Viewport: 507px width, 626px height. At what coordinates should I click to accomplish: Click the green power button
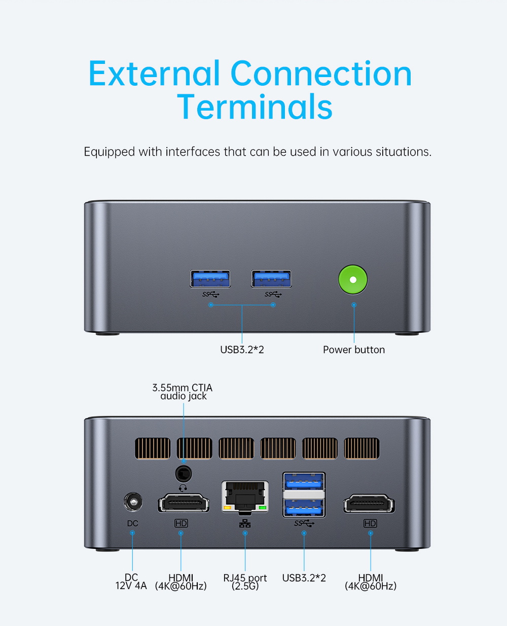click(x=353, y=280)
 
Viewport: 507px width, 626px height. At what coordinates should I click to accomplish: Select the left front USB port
click(x=210, y=279)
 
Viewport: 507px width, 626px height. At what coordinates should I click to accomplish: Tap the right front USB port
click(x=271, y=279)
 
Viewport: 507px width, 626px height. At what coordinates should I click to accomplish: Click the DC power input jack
click(x=133, y=503)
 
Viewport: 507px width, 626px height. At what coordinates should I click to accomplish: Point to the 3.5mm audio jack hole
click(x=183, y=474)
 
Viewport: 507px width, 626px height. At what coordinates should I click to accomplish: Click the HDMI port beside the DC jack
click(x=183, y=503)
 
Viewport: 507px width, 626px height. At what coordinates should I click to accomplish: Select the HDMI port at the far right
click(x=369, y=504)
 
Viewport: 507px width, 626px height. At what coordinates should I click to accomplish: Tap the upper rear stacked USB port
click(x=304, y=481)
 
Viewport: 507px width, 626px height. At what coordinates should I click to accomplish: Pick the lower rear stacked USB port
click(x=304, y=506)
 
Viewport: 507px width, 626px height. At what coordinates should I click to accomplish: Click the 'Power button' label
click(x=354, y=350)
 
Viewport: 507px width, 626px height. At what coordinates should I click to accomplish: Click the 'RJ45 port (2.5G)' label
click(x=245, y=582)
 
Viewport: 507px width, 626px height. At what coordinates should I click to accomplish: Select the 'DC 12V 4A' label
click(x=131, y=582)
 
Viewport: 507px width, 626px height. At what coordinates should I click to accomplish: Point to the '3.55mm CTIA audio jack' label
click(x=183, y=392)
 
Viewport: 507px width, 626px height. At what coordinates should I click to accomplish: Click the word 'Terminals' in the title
click(x=255, y=107)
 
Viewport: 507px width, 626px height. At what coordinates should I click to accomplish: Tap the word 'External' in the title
click(x=155, y=74)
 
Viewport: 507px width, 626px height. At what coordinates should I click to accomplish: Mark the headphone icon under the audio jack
click(x=183, y=488)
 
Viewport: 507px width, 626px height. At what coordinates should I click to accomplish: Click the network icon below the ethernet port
click(x=245, y=523)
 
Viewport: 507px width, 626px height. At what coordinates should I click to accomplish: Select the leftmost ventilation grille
click(x=153, y=448)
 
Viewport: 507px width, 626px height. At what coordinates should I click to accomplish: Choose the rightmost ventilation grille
click(x=361, y=448)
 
